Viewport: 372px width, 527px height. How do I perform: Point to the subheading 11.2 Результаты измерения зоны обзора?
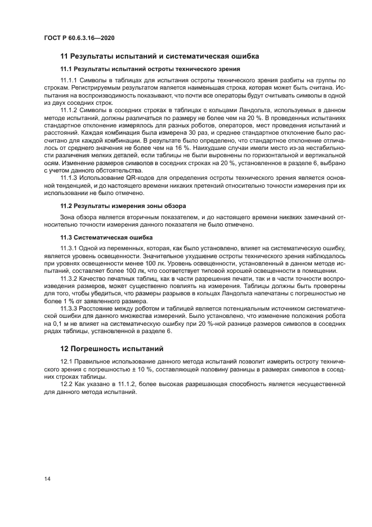click(x=123, y=205)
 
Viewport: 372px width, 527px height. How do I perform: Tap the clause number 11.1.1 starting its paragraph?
click(x=68, y=81)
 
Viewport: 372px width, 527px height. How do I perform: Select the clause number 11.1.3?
click(x=68, y=177)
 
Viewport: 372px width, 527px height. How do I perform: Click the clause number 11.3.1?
click(x=68, y=249)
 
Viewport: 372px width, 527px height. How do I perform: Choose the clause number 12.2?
click(x=65, y=384)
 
